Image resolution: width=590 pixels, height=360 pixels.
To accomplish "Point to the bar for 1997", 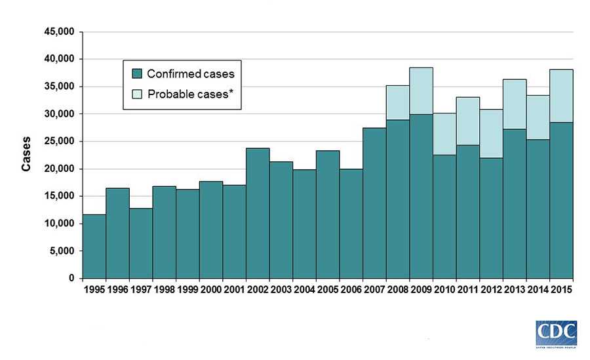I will tap(140, 243).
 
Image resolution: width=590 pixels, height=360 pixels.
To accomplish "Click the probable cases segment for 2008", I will tap(397, 102).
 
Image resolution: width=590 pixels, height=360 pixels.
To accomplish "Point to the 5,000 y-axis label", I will tap(64, 251).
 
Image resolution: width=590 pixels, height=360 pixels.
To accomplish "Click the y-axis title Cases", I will tap(26, 155).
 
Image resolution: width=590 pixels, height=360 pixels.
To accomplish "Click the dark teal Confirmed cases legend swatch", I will tap(136, 73).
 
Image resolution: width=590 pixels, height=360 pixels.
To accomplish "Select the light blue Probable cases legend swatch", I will tap(136, 95).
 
